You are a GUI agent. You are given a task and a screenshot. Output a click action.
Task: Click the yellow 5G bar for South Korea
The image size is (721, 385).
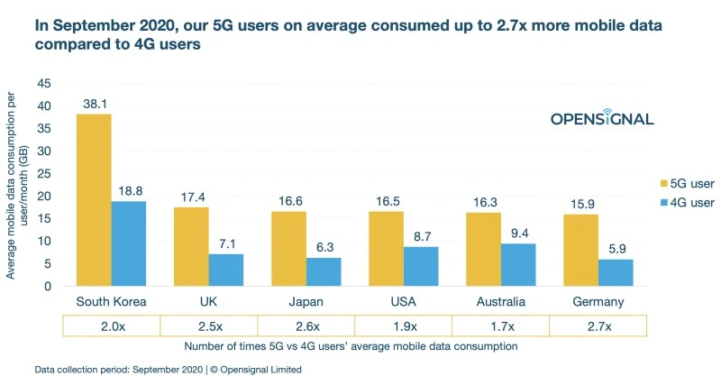pos(94,200)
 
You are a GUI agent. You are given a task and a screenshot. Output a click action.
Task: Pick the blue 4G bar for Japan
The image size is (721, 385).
pos(323,271)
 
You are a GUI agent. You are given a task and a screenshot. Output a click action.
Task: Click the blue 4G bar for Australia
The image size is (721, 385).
pos(518,264)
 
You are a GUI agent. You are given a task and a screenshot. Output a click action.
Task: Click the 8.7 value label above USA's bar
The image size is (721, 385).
pos(421,235)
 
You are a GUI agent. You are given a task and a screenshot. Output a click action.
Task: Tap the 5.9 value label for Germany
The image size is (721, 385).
pos(616,248)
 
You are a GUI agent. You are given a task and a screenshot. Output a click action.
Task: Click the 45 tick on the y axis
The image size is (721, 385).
pos(43,83)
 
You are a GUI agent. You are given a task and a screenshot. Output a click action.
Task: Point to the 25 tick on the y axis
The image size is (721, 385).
pos(43,173)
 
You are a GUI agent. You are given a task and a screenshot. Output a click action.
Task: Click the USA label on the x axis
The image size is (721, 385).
pos(404,302)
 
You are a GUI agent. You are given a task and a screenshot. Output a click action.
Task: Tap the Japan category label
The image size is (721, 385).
pos(306,302)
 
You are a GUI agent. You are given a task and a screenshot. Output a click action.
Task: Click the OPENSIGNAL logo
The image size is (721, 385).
pos(601,119)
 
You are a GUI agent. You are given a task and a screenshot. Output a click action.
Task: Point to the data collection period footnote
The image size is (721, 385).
pos(168,370)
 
